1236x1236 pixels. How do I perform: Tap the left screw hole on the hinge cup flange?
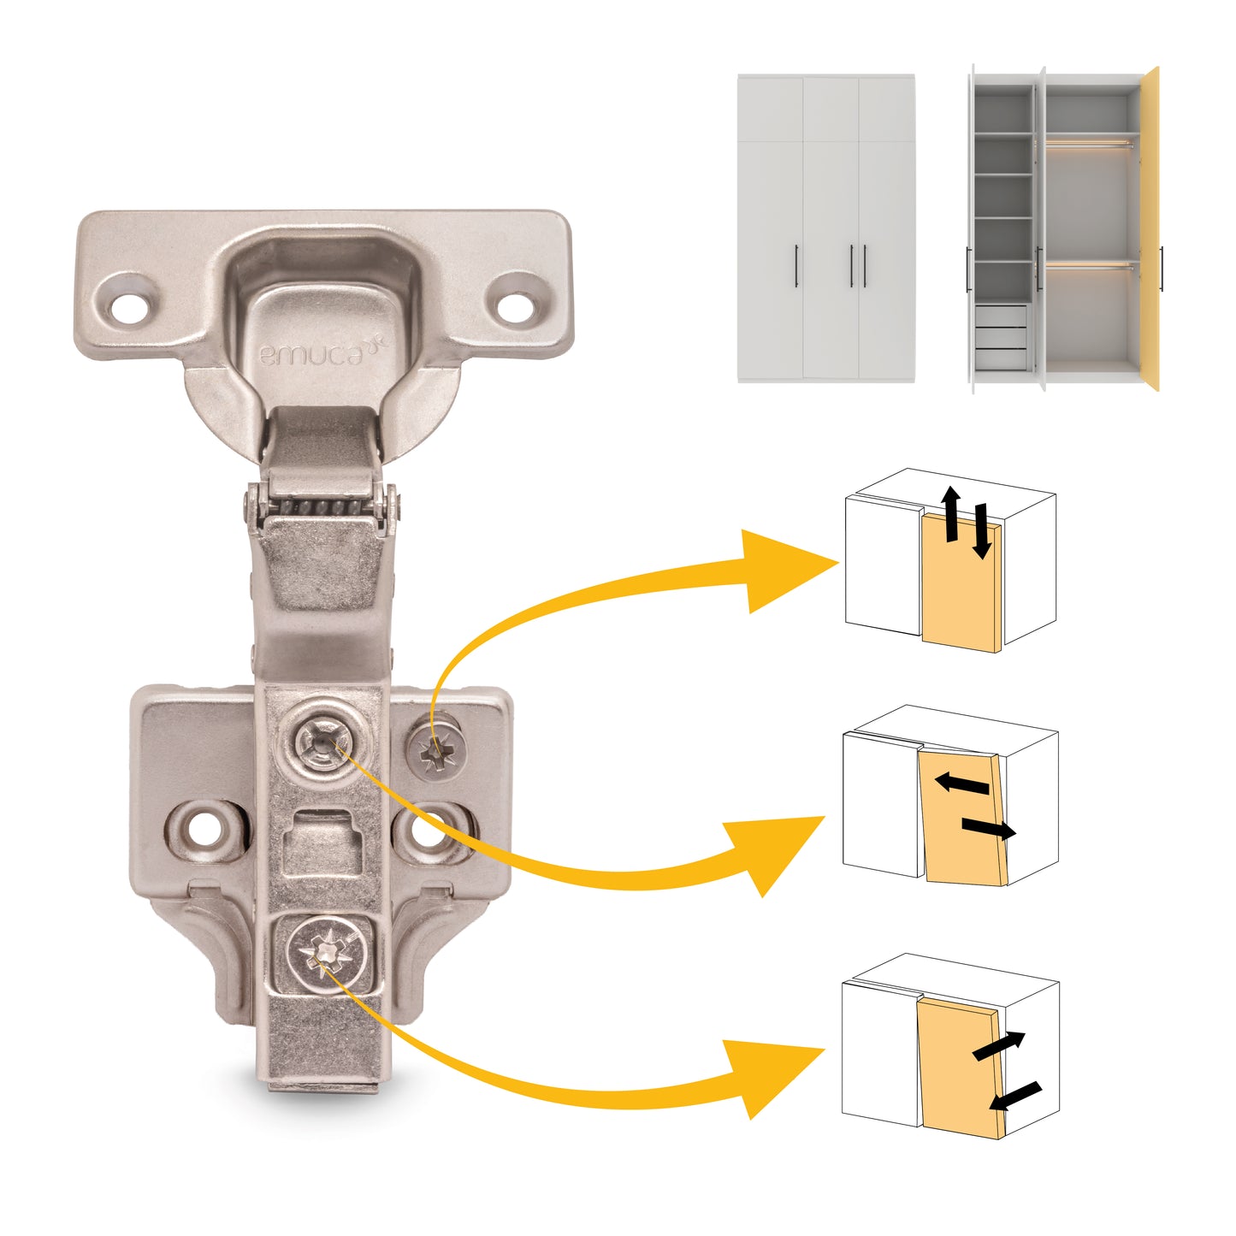130,306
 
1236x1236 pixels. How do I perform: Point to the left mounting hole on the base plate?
205,830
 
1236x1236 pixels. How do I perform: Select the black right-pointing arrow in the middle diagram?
989,828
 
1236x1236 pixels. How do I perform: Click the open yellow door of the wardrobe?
1150,229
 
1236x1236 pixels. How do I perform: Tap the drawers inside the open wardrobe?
1001,337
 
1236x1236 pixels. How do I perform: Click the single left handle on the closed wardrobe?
797,266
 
